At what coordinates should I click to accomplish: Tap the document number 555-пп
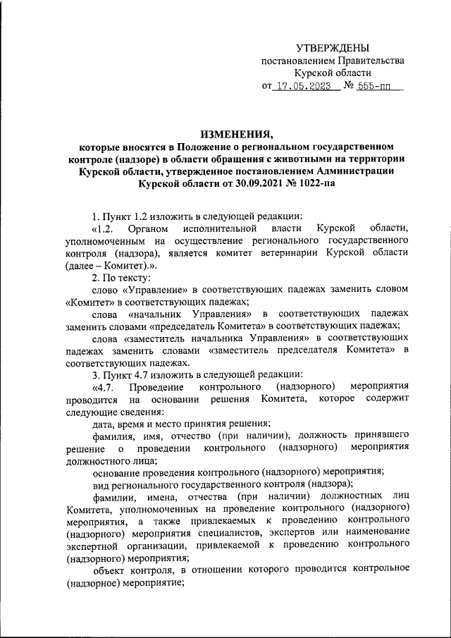pos(375,87)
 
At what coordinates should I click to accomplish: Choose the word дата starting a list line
pos(105,424)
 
